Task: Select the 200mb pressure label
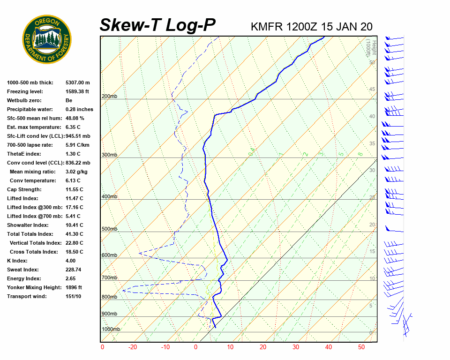pyautogui.click(x=109, y=97)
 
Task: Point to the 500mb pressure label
pyautogui.click(x=109, y=229)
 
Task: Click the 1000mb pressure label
pyautogui.click(x=111, y=330)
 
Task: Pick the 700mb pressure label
pyautogui.click(x=109, y=278)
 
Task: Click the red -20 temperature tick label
pyautogui.click(x=133, y=347)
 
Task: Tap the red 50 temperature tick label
pyautogui.click(x=361, y=347)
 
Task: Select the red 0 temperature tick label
pyautogui.click(x=103, y=347)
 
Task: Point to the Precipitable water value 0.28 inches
pyautogui.click(x=79, y=109)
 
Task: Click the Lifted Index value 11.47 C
pyautogui.click(x=75, y=198)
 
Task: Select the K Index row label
pyautogui.click(x=17, y=261)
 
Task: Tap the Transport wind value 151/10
pyautogui.click(x=74, y=296)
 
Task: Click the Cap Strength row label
pyautogui.click(x=24, y=189)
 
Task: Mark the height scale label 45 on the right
pyautogui.click(x=372, y=90)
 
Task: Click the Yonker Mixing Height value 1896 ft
pyautogui.click(x=74, y=287)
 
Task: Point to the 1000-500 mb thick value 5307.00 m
pyautogui.click(x=77, y=82)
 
